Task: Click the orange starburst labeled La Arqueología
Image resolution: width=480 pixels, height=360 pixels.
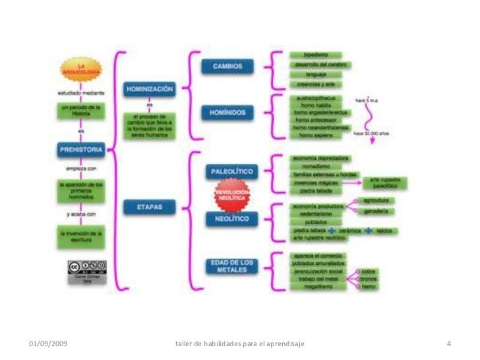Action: (x=80, y=68)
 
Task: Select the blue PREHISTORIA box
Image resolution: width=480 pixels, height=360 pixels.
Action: (x=80, y=150)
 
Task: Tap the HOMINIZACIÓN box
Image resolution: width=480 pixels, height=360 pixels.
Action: (x=150, y=88)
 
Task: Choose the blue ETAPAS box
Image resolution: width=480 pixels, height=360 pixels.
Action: (x=150, y=206)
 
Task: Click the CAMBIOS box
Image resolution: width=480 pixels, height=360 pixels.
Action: (x=227, y=66)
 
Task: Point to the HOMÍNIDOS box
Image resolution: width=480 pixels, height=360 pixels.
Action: (x=227, y=113)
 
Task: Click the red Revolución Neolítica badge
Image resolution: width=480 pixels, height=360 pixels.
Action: (x=231, y=195)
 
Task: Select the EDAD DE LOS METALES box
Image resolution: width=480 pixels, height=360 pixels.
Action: (x=232, y=266)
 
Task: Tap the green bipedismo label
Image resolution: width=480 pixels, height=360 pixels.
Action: (x=316, y=54)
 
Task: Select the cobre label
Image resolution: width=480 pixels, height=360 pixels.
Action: (x=369, y=270)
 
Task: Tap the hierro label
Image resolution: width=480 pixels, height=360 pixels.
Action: (x=369, y=287)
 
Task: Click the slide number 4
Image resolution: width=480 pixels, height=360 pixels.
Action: (x=448, y=344)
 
